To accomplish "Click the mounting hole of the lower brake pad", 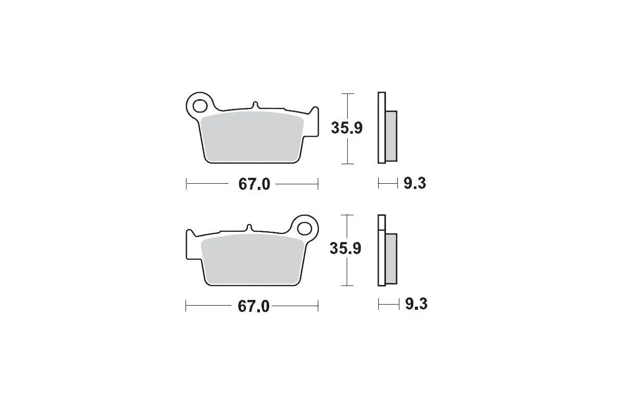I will (x=306, y=228).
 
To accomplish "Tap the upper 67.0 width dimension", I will (x=254, y=184).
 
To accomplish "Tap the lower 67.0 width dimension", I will (x=254, y=306).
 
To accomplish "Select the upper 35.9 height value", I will (x=347, y=128).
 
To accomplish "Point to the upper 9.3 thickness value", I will (x=414, y=183).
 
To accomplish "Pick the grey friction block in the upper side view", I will (x=392, y=135).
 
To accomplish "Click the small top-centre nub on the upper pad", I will (x=255, y=105).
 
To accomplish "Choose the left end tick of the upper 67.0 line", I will (x=187, y=184).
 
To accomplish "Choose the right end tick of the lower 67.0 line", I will (x=317, y=306).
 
